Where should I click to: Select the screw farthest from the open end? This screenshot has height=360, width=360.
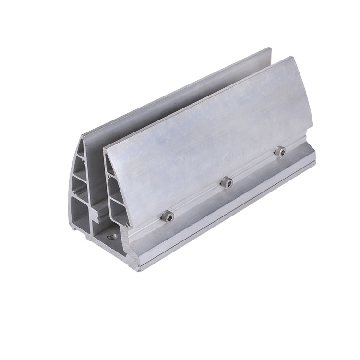[x=279, y=152]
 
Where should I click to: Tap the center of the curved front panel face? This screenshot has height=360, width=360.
[x=206, y=134]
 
